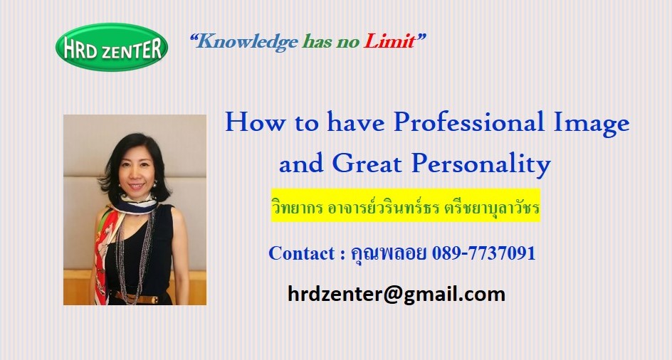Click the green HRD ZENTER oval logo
112,47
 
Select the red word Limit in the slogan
389,41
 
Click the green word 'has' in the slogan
317,41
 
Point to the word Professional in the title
469,122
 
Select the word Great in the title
367,164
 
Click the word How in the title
255,122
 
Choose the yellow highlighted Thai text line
406,206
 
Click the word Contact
301,253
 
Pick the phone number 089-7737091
484,253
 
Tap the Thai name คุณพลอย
388,254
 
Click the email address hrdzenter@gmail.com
397,295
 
